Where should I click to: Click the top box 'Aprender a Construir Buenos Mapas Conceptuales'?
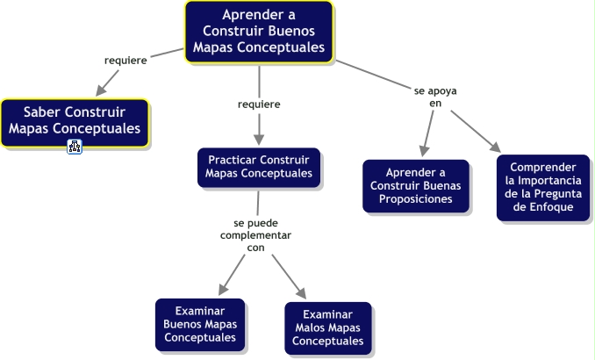(259, 32)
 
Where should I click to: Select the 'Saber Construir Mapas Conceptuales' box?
(75, 123)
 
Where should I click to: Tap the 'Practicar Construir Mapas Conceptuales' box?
(259, 168)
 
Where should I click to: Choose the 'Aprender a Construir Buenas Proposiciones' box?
(415, 185)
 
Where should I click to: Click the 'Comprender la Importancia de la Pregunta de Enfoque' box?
(543, 188)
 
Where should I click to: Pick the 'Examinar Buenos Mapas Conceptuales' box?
(200, 325)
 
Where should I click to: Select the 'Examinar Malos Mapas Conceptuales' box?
(328, 328)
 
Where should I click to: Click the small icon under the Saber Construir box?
(75, 147)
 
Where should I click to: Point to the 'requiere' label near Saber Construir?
(125, 61)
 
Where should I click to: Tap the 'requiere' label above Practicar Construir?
(259, 104)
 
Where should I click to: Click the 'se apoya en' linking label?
(435, 97)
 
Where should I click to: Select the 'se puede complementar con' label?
(255, 235)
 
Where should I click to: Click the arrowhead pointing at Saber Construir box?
(100, 91)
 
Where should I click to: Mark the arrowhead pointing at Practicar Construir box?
(259, 140)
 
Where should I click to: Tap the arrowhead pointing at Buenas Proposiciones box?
(424, 151)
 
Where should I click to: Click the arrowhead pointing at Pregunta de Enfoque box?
(496, 148)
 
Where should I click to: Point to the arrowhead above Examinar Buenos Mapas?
(223, 290)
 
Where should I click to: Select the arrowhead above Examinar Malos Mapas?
(302, 293)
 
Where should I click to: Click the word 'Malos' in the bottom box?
(311, 328)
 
